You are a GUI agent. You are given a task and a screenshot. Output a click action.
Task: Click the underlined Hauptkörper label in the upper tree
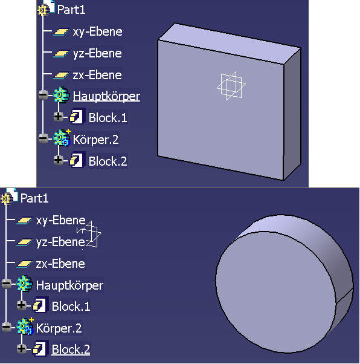click(106, 96)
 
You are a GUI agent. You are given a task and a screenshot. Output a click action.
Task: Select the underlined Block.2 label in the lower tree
click(71, 349)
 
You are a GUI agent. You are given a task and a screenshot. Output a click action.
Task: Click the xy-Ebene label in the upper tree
click(97, 32)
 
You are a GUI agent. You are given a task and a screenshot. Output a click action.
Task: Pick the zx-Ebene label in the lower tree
click(60, 264)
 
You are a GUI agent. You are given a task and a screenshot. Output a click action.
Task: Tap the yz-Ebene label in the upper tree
click(97, 54)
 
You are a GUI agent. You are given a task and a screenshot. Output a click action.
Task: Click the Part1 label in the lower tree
click(34, 198)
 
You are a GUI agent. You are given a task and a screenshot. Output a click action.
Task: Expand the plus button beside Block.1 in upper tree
click(58, 117)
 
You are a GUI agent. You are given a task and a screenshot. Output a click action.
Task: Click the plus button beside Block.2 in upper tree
click(58, 160)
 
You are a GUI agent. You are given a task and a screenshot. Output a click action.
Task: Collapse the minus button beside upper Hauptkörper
click(43, 95)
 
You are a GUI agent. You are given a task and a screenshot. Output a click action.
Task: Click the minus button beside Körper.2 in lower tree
click(7, 327)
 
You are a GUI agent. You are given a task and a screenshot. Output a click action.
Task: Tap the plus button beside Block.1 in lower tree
click(21, 305)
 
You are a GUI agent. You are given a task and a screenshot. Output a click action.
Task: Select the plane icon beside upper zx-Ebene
click(61, 75)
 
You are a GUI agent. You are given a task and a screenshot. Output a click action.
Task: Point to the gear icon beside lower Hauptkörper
click(25, 284)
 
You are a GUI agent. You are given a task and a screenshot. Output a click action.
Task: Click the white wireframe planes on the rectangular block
click(231, 86)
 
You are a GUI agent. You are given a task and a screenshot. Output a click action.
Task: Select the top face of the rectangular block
click(228, 43)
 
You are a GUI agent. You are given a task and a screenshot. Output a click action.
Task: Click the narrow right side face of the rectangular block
click(292, 114)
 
